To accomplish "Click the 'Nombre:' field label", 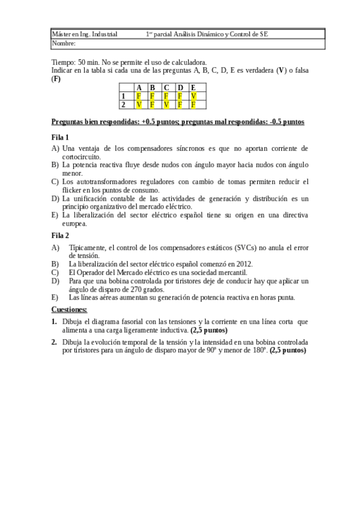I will point(64,43).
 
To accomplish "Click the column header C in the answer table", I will point(166,88).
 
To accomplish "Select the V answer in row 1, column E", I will point(193,96).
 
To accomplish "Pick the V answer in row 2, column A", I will point(139,104).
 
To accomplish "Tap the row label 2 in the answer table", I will point(123,104).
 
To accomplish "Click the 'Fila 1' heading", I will point(60,137).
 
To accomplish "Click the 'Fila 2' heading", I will point(60,235).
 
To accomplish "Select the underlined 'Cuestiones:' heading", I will point(69,309).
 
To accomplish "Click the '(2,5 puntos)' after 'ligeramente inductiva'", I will point(209,330).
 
